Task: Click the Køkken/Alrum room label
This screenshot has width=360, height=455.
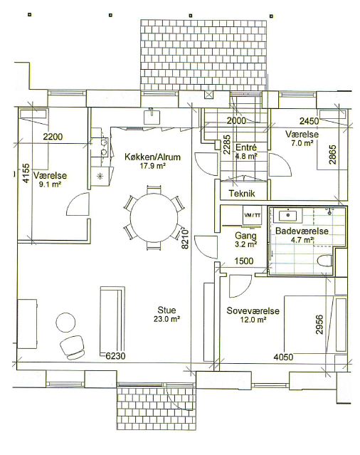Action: click(152, 157)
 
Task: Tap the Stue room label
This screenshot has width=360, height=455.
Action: click(166, 310)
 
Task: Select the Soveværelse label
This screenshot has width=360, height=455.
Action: click(253, 310)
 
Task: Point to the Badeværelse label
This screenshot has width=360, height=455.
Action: click(302, 231)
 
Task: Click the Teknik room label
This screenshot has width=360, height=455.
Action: click(242, 193)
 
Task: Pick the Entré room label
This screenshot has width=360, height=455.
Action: click(246, 147)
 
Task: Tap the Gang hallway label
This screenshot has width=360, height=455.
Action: click(245, 236)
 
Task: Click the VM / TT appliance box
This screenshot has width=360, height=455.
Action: click(253, 215)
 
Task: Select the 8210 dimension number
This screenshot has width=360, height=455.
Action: click(185, 239)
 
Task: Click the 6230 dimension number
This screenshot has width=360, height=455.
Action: click(115, 356)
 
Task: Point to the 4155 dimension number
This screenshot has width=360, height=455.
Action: click(26, 173)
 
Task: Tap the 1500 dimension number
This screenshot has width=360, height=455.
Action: click(244, 261)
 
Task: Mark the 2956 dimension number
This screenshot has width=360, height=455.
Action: click(319, 325)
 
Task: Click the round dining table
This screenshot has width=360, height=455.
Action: click(154, 218)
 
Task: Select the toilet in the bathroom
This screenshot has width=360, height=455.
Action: click(324, 261)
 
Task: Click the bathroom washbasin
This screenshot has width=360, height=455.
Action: click(288, 215)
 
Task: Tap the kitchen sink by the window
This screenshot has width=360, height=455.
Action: click(152, 116)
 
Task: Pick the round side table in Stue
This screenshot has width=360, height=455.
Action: click(65, 323)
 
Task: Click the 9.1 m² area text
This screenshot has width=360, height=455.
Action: click(50, 184)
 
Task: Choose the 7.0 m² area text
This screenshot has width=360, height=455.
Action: click(302, 143)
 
